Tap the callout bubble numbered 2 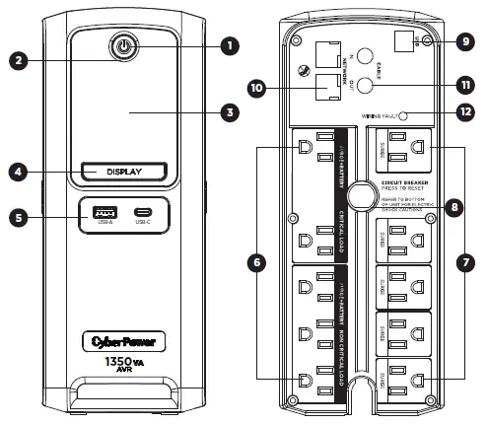tap(17, 59)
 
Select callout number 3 tap(230, 112)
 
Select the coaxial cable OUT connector tap(365, 86)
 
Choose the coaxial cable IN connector tap(365, 57)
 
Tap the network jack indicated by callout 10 tap(321, 87)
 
